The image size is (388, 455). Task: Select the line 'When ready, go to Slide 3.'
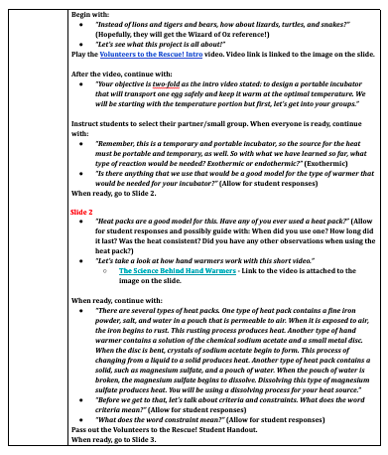pyautogui.click(x=116, y=438)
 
